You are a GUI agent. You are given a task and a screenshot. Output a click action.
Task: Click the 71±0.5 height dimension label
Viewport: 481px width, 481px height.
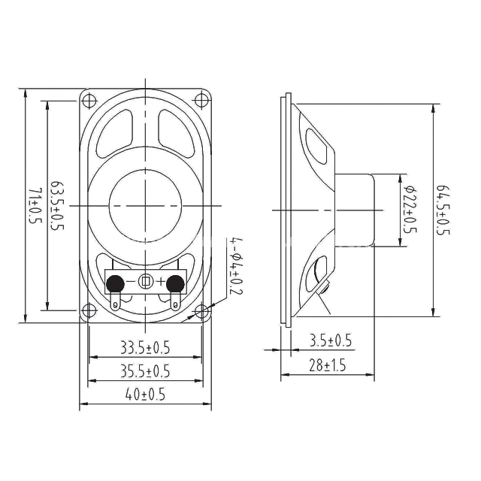pos(35,206)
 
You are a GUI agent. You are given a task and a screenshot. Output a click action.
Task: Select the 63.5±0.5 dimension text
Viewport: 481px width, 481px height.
pos(57,206)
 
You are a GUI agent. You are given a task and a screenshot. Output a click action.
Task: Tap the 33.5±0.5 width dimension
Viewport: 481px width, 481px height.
pos(145,348)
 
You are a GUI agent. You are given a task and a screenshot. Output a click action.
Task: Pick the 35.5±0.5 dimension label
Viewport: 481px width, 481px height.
pos(145,371)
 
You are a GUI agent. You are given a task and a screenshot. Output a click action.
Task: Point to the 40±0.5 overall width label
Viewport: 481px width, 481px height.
pos(145,394)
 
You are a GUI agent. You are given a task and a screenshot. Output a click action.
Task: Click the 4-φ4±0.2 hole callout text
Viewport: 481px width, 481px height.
pos(236,266)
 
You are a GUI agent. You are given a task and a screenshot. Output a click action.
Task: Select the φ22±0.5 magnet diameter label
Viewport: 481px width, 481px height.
pos(410,209)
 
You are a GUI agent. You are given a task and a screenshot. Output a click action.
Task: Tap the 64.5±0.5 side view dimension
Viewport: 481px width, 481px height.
pos(443,210)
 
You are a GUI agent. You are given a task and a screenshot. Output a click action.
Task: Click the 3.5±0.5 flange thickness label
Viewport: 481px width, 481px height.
pos(331,340)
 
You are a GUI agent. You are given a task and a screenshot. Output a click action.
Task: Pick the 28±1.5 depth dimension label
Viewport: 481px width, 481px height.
pos(328,365)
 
